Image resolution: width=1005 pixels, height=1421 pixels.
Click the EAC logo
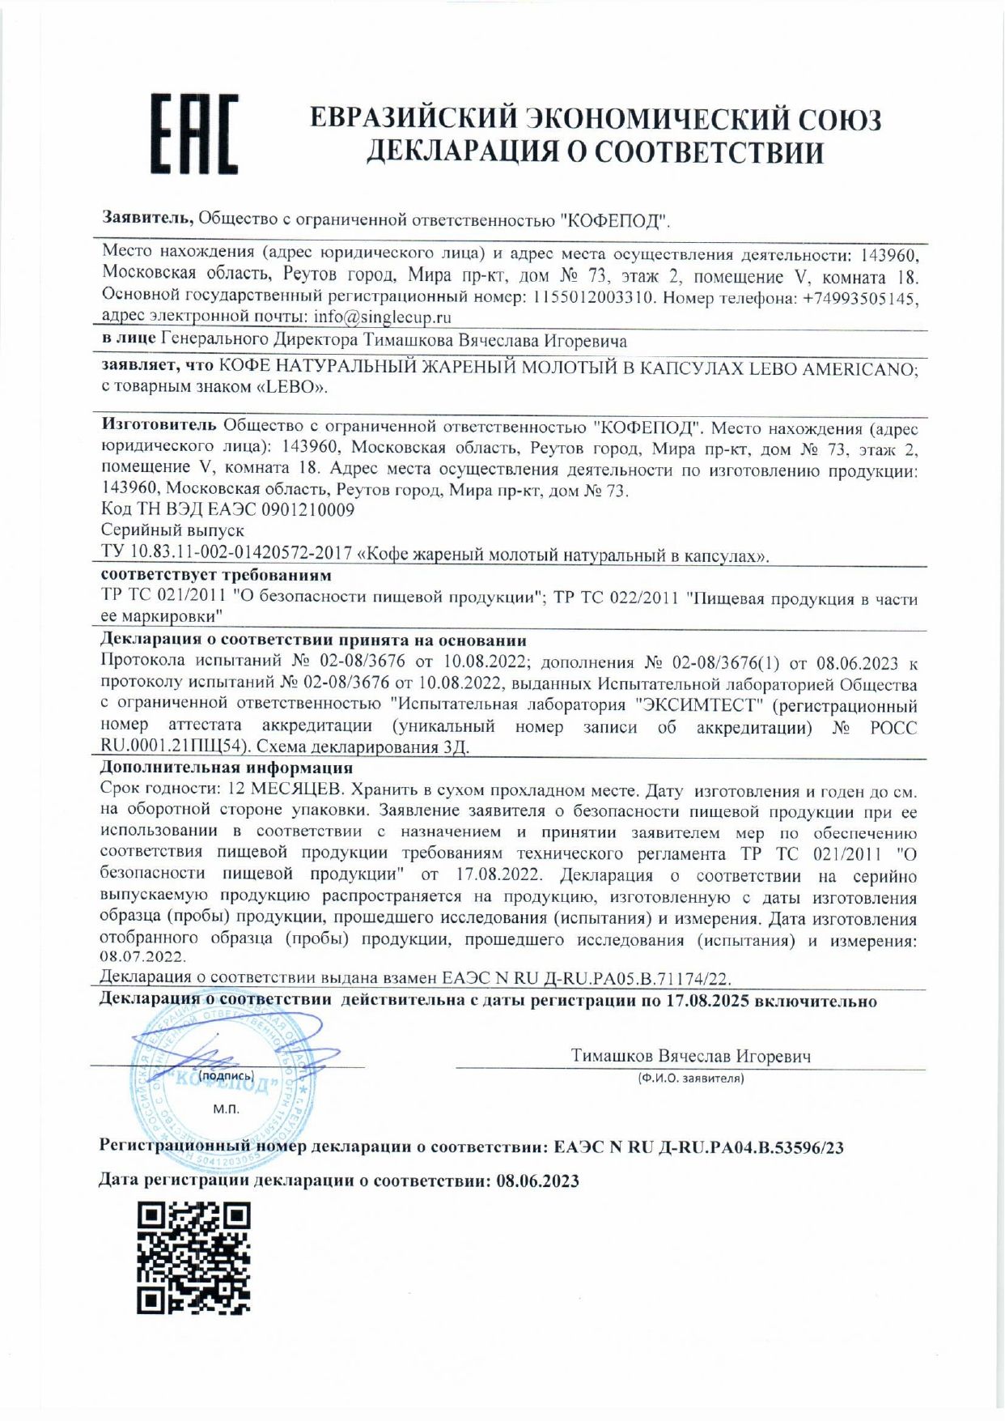pyautogui.click(x=194, y=134)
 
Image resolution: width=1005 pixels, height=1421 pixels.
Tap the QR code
pyautogui.click(x=193, y=1257)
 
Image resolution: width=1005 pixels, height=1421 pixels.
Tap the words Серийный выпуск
pyautogui.click(x=172, y=531)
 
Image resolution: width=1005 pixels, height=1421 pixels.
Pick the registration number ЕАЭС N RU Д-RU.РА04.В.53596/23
pyautogui.click(x=699, y=1147)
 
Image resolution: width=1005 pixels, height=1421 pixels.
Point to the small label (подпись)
pyautogui.click(x=227, y=1076)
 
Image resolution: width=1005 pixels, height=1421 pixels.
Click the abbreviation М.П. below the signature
pyautogui.click(x=226, y=1109)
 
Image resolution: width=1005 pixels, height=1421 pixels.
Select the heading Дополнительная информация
pyautogui.click(x=227, y=768)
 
